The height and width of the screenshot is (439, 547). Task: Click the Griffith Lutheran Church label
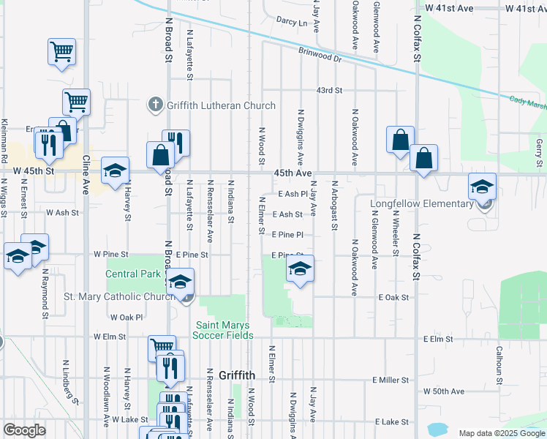point(221,105)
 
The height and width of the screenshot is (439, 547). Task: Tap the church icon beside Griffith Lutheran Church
point(154,105)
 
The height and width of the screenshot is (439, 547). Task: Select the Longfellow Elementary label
point(431,203)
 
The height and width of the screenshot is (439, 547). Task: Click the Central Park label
point(132,274)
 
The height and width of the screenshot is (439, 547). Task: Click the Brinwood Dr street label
point(320,54)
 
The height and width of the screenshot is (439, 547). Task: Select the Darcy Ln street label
point(292,22)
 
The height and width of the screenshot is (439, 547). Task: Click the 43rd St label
point(329,90)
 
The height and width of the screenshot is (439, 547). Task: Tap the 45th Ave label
point(293,173)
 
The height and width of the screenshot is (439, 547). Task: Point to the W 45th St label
point(34,170)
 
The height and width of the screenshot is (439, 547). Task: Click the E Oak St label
point(393,298)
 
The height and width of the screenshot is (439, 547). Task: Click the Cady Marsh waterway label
point(527,103)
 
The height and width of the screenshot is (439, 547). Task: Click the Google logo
point(24,430)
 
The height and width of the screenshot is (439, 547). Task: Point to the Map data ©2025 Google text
point(502,433)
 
